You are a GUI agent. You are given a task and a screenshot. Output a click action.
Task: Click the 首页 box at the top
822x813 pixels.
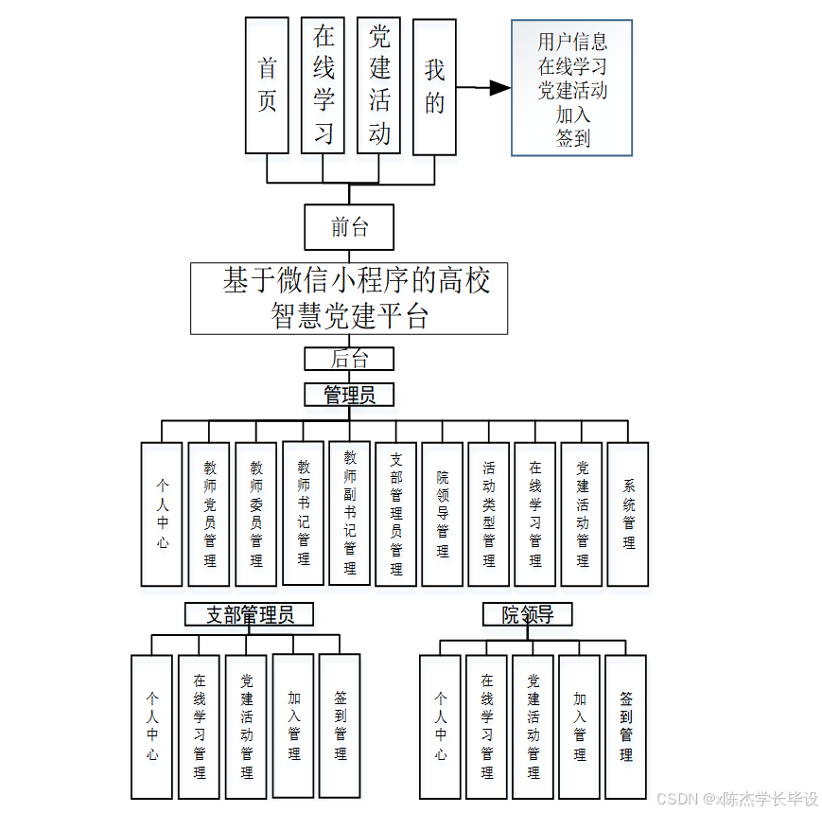coord(267,84)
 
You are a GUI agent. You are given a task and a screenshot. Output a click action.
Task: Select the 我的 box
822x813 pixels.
coord(434,84)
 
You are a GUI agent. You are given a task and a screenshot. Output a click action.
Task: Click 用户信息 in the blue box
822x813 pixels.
coord(572,42)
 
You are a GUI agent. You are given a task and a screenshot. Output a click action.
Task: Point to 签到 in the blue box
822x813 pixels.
coord(572,137)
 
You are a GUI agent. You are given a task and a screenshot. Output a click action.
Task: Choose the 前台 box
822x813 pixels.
coord(349,227)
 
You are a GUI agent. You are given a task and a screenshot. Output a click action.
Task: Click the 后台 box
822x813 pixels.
coord(349,359)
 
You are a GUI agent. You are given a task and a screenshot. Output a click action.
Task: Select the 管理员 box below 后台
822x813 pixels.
coord(349,395)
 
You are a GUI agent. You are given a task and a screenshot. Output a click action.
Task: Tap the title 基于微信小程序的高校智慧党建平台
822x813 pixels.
coord(349,298)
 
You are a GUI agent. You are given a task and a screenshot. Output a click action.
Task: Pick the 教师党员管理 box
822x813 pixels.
coord(210,514)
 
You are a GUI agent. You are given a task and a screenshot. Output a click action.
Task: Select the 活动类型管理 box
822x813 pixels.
coord(489,514)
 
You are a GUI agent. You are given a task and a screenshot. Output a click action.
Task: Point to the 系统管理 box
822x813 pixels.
coord(628,514)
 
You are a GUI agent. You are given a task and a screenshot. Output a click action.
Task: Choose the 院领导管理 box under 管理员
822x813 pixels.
coord(443,514)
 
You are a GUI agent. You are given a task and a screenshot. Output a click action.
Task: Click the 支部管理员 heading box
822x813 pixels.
coord(249,615)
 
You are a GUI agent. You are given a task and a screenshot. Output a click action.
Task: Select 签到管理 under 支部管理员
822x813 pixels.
coord(341,725)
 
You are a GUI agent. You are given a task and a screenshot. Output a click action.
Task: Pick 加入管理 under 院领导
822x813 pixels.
coord(580,725)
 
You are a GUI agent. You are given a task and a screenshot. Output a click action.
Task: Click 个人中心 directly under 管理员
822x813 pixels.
coord(162,514)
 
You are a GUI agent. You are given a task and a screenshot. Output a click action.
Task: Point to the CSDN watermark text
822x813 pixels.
coord(737,799)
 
